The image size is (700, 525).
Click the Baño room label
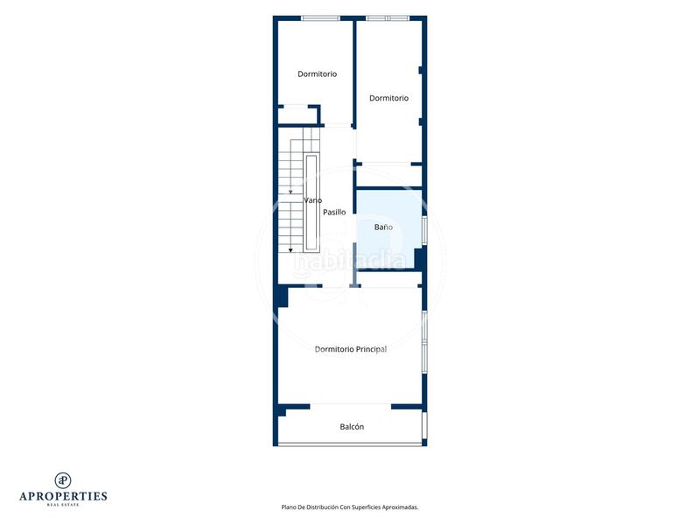pyautogui.click(x=383, y=227)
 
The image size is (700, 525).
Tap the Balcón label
pyautogui.click(x=352, y=427)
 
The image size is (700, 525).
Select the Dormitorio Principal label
pyautogui.click(x=351, y=349)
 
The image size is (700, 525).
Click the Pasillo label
pyautogui.click(x=334, y=212)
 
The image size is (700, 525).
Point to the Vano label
pyautogui.click(x=312, y=200)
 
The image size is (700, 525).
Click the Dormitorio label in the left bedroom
pyautogui.click(x=317, y=73)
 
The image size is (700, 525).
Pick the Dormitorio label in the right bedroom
pyautogui.click(x=388, y=98)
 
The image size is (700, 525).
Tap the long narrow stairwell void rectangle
pyautogui.click(x=311, y=203)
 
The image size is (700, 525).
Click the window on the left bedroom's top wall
pyautogui.click(x=320, y=18)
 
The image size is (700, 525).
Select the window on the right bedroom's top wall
pyautogui.click(x=388, y=18)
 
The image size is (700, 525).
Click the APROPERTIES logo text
pyautogui.click(x=63, y=496)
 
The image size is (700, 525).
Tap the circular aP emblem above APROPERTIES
pyautogui.click(x=63, y=480)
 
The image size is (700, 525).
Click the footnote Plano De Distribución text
pyautogui.click(x=349, y=507)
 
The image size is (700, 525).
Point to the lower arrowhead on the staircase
pyautogui.click(x=290, y=250)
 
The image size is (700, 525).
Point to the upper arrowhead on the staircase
pyautogui.click(x=290, y=192)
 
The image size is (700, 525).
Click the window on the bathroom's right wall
pyautogui.click(x=424, y=231)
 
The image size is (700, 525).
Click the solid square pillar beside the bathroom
pyautogui.click(x=420, y=259)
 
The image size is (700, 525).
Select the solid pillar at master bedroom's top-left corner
pyautogui.click(x=282, y=297)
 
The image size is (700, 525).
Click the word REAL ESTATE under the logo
pyautogui.click(x=63, y=505)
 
